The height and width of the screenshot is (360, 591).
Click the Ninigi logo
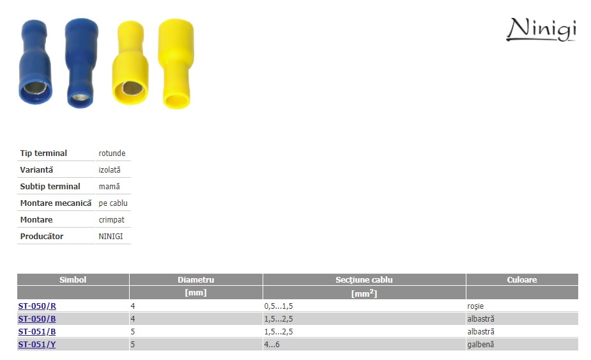(541, 29)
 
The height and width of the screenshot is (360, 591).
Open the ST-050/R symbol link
(37, 306)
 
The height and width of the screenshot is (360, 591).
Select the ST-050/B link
(37, 319)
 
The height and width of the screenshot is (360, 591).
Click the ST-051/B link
(37, 332)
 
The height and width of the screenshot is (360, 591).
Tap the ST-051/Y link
(37, 345)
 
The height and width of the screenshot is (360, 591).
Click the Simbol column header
(73, 279)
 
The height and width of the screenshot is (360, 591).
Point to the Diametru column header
(196, 279)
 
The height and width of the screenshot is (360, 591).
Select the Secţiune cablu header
(364, 279)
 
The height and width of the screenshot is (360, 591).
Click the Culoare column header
(521, 279)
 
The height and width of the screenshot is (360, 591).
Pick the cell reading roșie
(475, 306)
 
